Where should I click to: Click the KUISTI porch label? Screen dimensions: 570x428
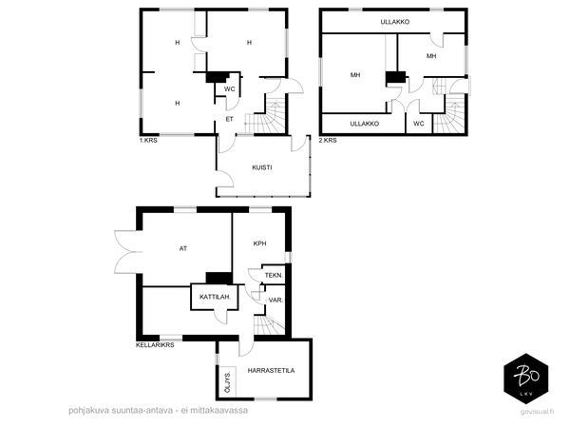(x=262, y=167)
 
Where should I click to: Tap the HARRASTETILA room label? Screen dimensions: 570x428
(x=271, y=371)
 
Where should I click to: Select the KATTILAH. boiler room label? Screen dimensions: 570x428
(x=216, y=297)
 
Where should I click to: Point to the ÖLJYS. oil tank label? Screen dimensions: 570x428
(x=228, y=382)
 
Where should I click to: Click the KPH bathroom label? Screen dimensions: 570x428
(x=259, y=243)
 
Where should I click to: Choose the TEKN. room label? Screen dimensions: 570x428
(x=274, y=276)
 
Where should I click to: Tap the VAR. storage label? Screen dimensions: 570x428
(x=275, y=301)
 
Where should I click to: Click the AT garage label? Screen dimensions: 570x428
(x=183, y=248)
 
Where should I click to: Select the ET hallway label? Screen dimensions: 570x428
(x=229, y=120)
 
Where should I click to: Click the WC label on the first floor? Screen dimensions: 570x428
(x=229, y=89)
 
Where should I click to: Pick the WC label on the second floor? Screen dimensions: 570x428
(x=418, y=124)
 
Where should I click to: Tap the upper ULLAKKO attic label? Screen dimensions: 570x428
(x=395, y=22)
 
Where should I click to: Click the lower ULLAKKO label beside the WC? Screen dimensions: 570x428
(x=364, y=124)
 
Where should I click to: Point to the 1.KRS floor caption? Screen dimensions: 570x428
(x=148, y=141)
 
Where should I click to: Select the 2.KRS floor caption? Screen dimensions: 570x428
(x=328, y=141)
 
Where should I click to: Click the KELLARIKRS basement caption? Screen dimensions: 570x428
(x=155, y=345)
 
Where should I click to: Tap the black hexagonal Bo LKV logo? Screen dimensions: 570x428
(x=526, y=379)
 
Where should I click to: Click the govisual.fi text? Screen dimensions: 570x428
(x=538, y=412)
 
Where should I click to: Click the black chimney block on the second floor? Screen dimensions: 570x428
(x=395, y=78)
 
